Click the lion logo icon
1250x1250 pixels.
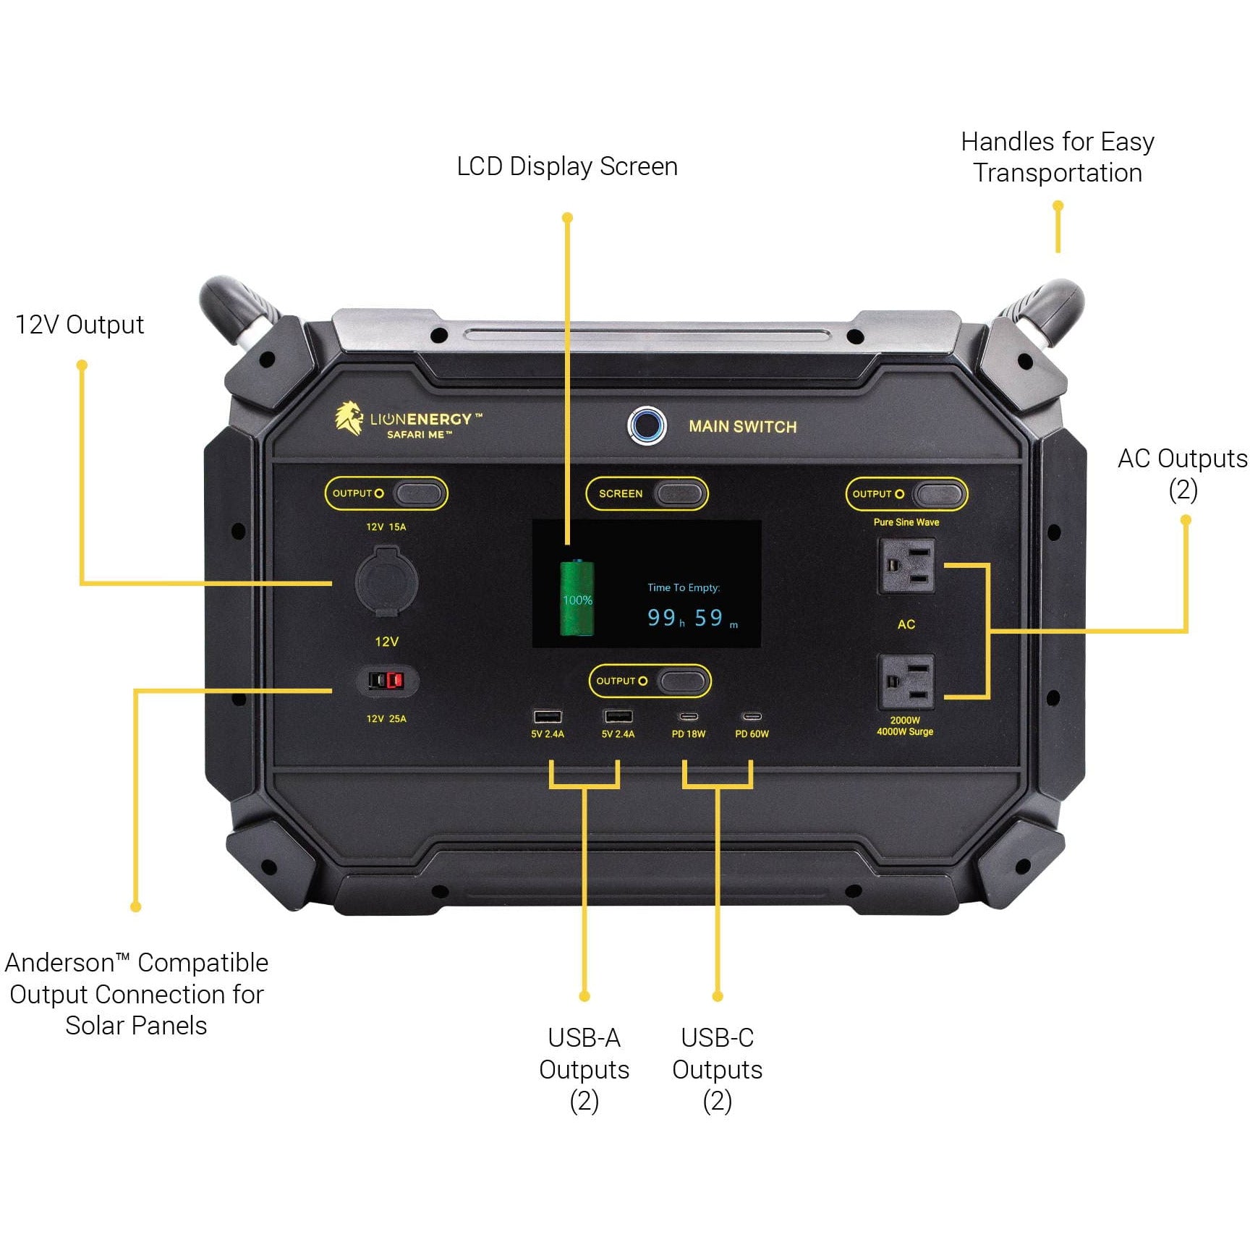point(349,419)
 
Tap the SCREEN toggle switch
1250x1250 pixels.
point(679,494)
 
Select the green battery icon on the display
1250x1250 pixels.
point(577,598)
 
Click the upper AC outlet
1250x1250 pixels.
point(906,566)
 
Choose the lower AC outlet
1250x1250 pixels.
point(906,681)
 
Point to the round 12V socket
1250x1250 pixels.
point(386,580)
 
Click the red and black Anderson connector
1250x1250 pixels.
point(386,681)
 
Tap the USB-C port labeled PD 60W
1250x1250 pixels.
point(752,717)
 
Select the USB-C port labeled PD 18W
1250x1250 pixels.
point(689,717)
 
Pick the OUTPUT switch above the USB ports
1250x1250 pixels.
point(682,681)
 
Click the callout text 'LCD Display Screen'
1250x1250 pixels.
point(567,166)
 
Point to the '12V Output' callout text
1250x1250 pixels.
point(80,325)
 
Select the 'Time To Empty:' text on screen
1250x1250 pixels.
point(684,587)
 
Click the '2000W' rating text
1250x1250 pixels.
point(905,720)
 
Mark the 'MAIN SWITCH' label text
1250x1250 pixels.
point(742,427)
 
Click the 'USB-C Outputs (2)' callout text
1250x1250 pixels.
point(717,1069)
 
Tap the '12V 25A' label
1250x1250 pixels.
point(386,719)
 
